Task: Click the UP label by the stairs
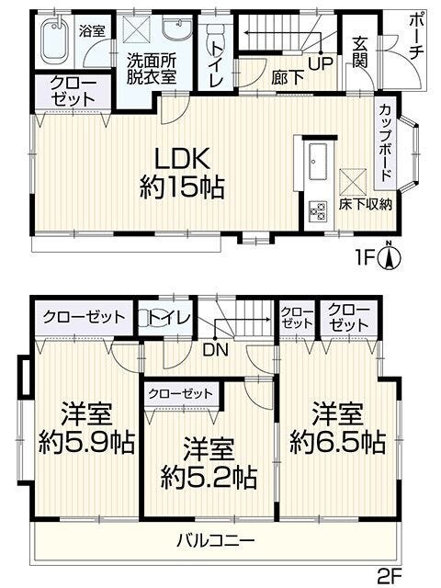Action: [x=321, y=63]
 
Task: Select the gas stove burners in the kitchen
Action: [x=318, y=211]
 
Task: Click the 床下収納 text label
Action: [x=366, y=205]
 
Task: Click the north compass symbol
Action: [x=390, y=256]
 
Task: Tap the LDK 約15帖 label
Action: [x=182, y=174]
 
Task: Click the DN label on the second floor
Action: [x=215, y=350]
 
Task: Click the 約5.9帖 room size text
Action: [x=87, y=443]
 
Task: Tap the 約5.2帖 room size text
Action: [x=209, y=478]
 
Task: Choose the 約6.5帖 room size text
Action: [x=338, y=443]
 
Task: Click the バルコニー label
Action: [x=216, y=541]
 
